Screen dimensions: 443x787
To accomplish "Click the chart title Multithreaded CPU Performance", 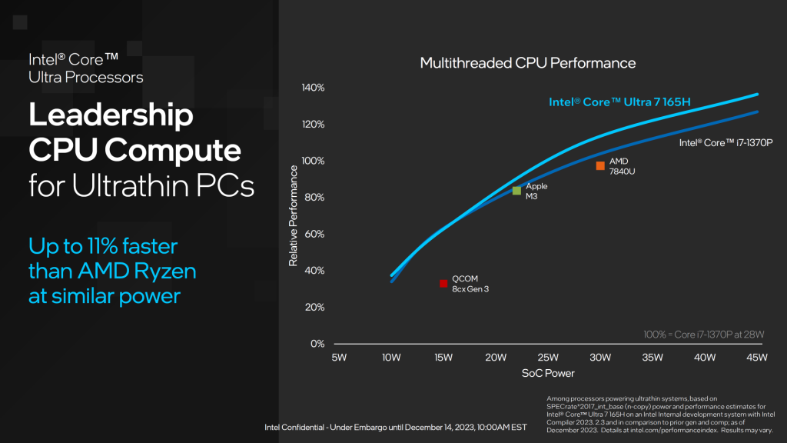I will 528,62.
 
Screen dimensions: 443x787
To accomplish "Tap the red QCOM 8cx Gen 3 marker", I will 443,283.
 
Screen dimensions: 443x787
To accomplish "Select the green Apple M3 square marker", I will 516,191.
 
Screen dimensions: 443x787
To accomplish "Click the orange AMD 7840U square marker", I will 600,166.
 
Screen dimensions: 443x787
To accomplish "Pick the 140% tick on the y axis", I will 312,88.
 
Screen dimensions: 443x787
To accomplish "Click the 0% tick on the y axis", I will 317,343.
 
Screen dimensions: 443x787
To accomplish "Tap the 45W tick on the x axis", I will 757,357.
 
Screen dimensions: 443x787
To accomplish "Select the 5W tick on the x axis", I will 339,357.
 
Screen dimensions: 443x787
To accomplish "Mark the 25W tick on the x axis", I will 548,357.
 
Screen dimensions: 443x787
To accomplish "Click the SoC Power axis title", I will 548,374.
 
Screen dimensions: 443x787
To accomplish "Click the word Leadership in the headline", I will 111,115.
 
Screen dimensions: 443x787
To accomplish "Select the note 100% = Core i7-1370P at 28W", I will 703,334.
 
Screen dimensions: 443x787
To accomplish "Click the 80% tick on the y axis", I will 314,197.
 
